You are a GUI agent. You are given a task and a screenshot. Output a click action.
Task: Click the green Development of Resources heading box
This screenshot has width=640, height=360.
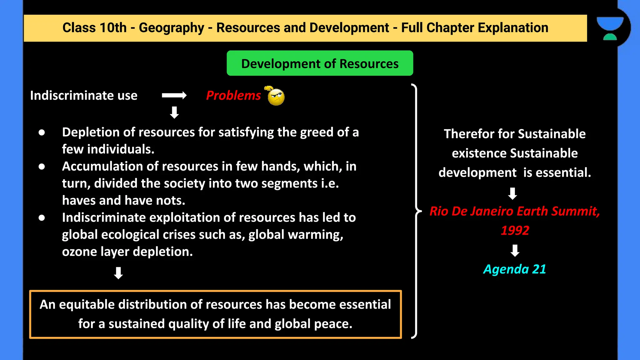tap(320, 63)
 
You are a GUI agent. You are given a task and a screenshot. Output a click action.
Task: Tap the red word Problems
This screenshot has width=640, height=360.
tap(233, 95)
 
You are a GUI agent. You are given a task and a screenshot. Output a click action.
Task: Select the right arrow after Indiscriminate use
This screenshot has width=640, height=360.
tap(174, 95)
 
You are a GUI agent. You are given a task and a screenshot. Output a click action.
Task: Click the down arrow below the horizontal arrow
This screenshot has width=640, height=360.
tap(174, 112)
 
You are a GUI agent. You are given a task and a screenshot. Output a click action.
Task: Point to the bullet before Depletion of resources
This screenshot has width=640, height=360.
tap(42, 132)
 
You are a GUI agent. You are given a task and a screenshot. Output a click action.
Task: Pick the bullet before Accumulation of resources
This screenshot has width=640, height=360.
tap(42, 167)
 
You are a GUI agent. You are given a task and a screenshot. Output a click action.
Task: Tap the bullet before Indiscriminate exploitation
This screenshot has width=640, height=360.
tap(42, 218)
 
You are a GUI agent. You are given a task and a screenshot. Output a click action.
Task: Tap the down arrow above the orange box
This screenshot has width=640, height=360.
tap(118, 273)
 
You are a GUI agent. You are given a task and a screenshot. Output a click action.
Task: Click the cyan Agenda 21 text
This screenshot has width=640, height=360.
tap(514, 269)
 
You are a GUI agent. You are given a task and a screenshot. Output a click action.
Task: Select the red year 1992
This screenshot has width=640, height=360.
tap(515, 231)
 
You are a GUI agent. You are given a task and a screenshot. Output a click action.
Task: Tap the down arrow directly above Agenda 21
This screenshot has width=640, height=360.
tap(515, 251)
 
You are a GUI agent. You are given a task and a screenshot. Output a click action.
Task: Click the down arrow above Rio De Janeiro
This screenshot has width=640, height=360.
tap(512, 193)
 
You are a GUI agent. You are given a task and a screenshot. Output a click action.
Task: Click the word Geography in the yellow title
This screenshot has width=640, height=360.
tap(171, 28)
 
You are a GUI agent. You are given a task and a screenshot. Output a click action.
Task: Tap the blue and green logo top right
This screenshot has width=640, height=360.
tap(610, 28)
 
